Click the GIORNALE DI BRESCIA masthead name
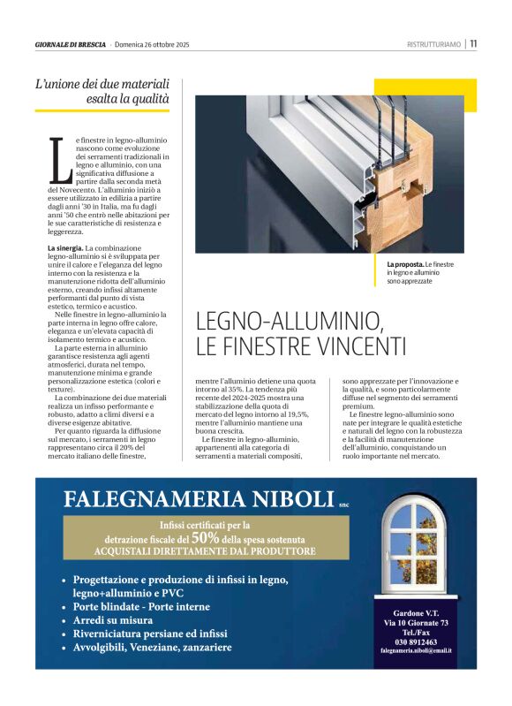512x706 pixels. [71, 45]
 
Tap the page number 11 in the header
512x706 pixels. [473, 44]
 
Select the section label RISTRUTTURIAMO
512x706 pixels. [434, 45]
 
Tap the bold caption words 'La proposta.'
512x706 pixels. [405, 265]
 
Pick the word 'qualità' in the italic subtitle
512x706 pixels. [148, 99]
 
